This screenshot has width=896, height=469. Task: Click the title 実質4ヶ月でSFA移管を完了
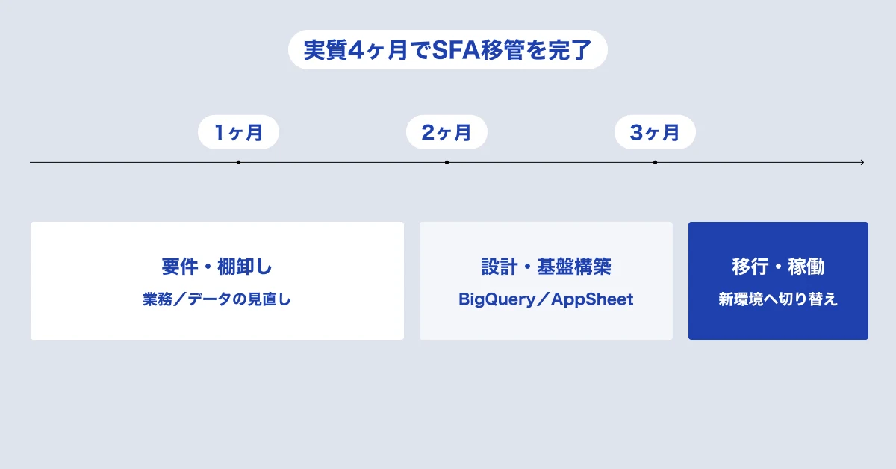[447, 50]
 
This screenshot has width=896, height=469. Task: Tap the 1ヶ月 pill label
[238, 132]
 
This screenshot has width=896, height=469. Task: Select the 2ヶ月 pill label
[447, 132]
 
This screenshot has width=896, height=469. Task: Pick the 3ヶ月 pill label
[655, 132]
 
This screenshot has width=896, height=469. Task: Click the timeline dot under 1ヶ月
[238, 163]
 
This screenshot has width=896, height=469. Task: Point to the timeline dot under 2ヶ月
[447, 163]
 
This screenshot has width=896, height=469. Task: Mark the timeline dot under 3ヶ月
[655, 163]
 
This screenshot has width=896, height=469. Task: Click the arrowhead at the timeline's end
[863, 163]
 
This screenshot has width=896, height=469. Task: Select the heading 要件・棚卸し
[217, 267]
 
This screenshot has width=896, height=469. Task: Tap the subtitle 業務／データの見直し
[217, 299]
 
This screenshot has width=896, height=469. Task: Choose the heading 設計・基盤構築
[546, 267]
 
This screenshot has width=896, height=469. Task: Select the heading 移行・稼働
[778, 267]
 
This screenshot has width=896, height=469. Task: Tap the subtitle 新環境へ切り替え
[778, 299]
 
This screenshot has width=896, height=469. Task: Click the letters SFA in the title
[456, 50]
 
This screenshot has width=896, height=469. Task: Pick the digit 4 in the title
[355, 51]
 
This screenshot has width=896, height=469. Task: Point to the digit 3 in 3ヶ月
[636, 132]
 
